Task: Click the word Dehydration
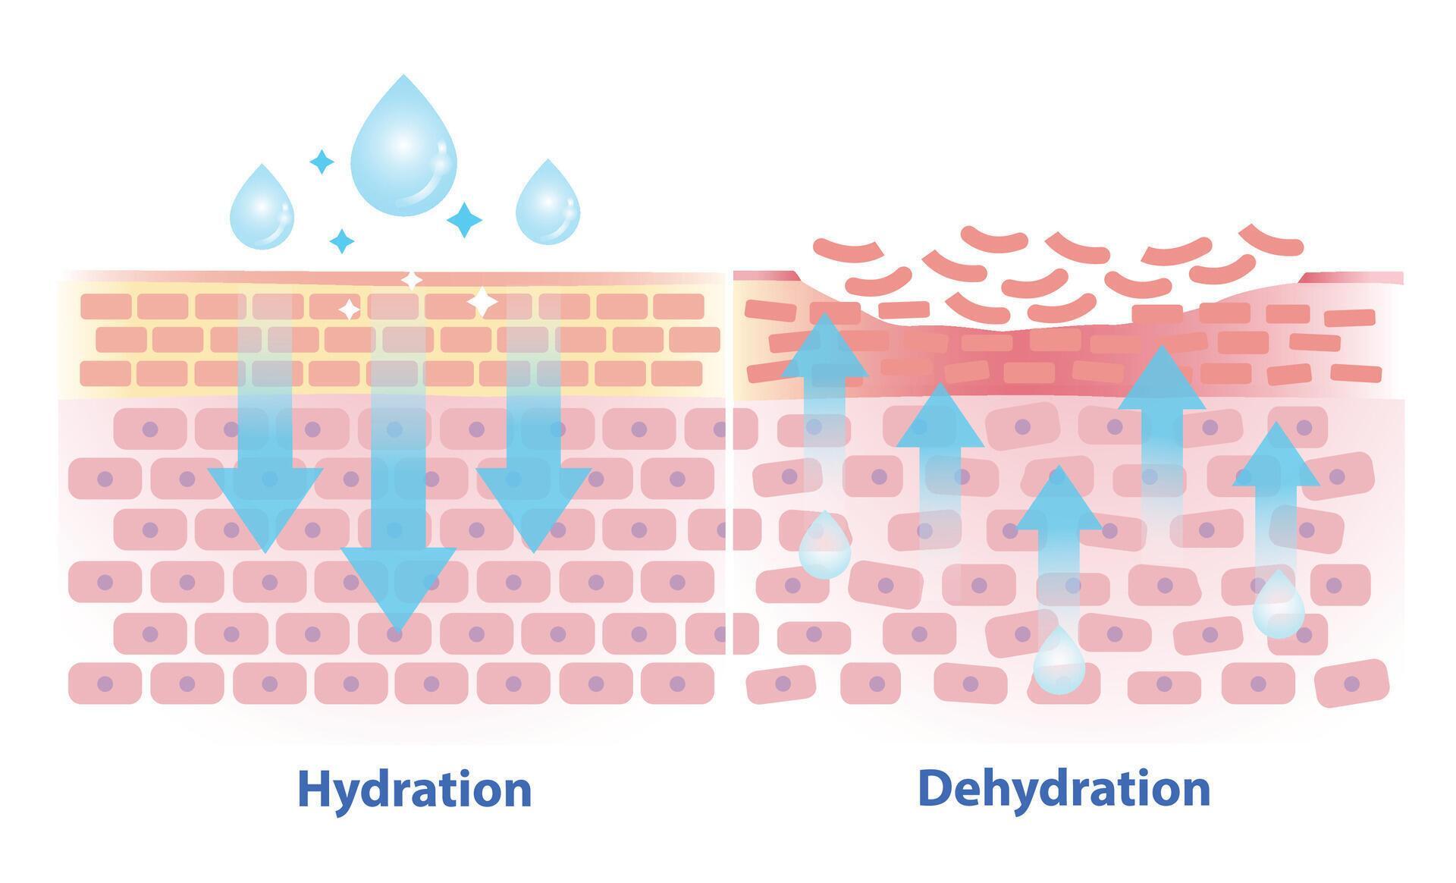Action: click(1063, 789)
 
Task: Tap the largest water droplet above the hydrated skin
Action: click(403, 148)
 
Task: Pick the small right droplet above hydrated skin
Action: click(548, 206)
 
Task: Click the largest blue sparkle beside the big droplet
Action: click(464, 219)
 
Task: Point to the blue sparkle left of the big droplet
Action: click(322, 161)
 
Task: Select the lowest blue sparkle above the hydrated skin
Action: click(342, 241)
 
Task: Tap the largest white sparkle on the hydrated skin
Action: click(482, 302)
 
